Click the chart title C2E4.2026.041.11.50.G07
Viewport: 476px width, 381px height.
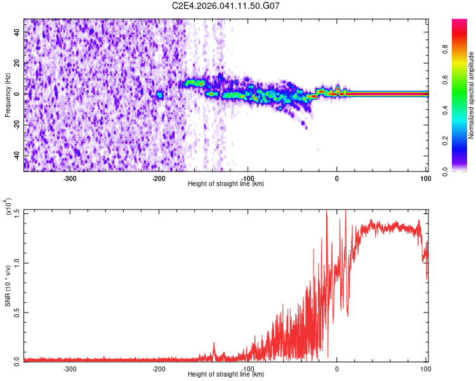click(226, 6)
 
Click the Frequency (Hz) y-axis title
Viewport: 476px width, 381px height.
click(8, 95)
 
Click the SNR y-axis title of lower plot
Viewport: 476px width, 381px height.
click(8, 286)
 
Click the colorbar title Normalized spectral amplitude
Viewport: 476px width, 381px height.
click(472, 96)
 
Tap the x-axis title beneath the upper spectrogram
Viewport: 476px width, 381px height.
click(226, 184)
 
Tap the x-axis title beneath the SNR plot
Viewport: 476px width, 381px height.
click(226, 374)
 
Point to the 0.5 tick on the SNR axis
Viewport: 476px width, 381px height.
click(16, 311)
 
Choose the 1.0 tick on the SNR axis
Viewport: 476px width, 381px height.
click(16, 261)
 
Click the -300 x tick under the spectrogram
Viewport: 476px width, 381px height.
click(70, 178)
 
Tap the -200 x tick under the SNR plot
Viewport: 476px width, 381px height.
click(159, 368)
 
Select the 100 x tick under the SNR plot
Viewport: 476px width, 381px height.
click(424, 368)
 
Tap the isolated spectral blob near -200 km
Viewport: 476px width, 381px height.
click(159, 95)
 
